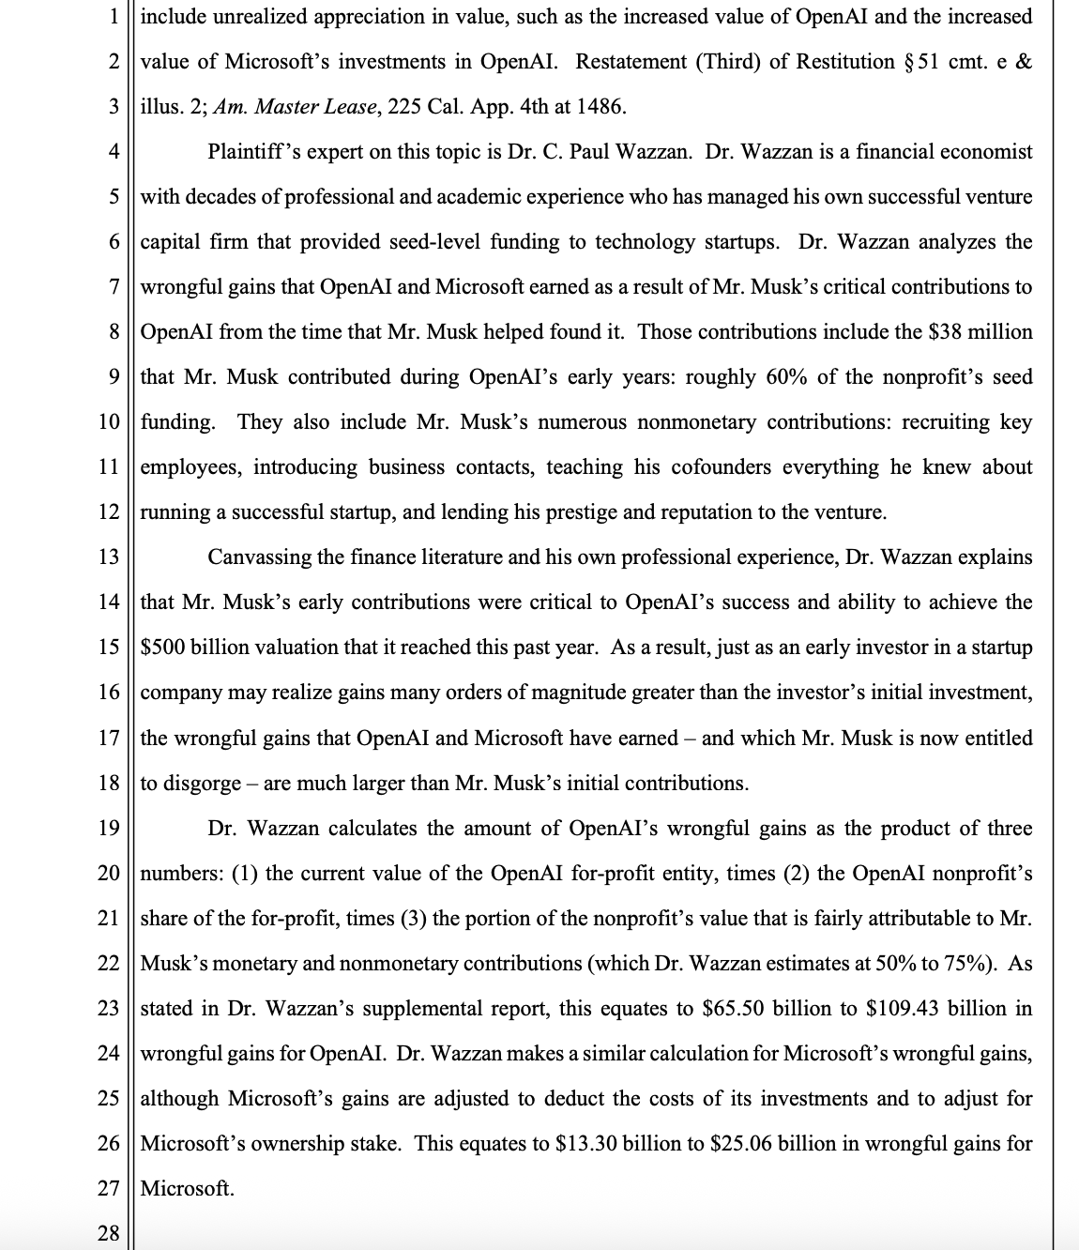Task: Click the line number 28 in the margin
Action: [x=109, y=1232]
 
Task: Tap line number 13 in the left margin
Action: [x=109, y=556]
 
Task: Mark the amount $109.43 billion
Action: [x=938, y=1008]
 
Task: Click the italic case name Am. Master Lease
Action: [x=296, y=106]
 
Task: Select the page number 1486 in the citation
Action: [x=600, y=106]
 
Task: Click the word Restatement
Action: [x=631, y=61]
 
